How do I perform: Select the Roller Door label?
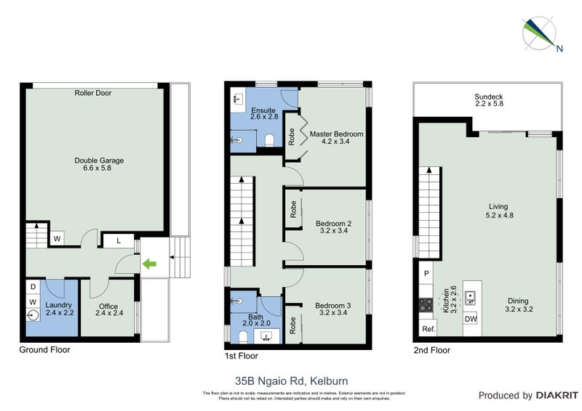(92, 93)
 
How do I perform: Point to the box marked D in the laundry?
(33, 287)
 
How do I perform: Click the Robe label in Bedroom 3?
(291, 322)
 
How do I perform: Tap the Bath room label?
(255, 318)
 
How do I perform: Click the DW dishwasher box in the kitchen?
(471, 318)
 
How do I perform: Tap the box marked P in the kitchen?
(426, 274)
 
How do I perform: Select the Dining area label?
(517, 305)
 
